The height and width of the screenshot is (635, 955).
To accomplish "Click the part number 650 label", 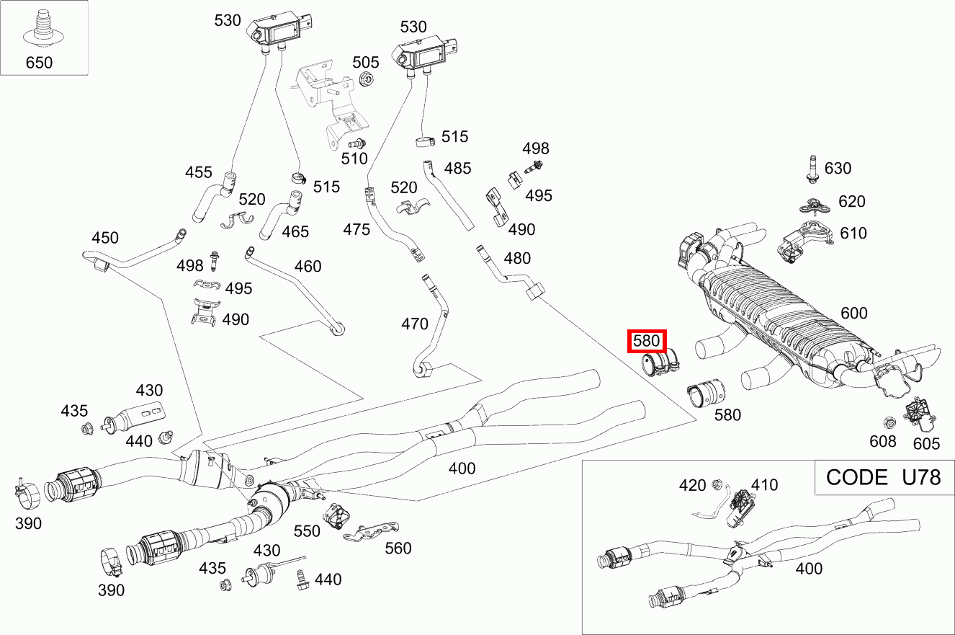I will coord(40,63).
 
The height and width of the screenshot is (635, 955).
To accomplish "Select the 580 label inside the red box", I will coord(647,341).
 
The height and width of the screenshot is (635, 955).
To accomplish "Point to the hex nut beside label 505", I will coord(364,80).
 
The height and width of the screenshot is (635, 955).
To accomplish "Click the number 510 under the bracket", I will coord(354,159).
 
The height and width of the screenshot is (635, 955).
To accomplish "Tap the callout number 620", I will coord(852,202).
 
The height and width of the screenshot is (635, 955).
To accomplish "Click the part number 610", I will coord(853,234).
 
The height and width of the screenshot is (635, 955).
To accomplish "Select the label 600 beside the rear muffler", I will coord(854,314).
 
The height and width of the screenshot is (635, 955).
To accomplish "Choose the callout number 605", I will coord(927,443).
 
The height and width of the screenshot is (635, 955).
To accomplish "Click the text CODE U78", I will coord(883,477).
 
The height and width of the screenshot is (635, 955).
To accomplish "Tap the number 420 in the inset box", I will coord(693,485).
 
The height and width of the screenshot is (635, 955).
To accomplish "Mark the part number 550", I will coord(307,531).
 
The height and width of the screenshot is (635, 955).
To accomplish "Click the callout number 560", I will coord(398,549).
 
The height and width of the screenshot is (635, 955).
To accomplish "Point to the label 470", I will coord(415,324).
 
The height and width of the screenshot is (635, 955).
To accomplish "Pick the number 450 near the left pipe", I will coord(105,239).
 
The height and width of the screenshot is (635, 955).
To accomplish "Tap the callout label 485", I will coord(458,169).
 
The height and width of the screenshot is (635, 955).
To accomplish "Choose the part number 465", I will coord(295,232).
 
